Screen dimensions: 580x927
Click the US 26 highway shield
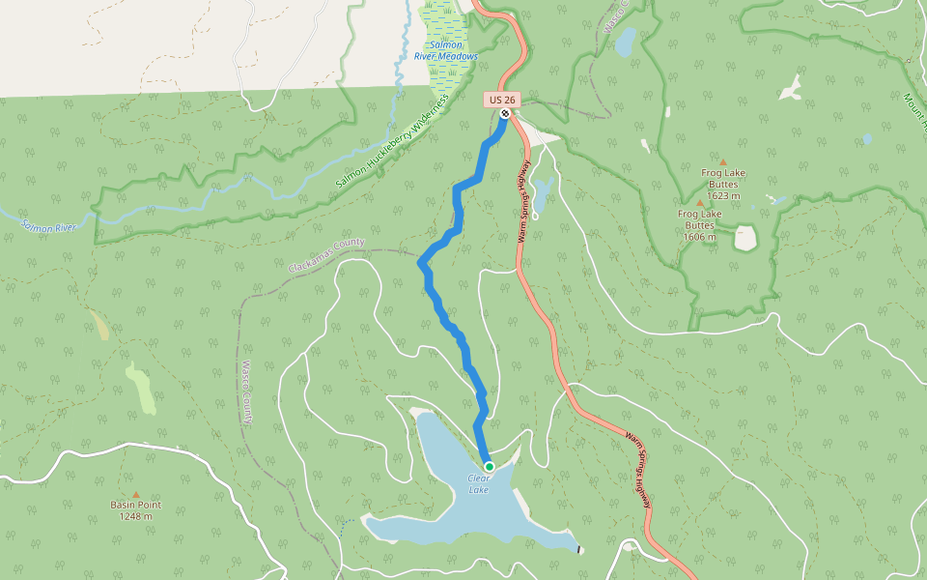coord(502,99)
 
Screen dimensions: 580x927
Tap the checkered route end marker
coord(505,115)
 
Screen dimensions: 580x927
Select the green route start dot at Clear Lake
coord(489,467)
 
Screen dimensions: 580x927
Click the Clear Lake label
coord(479,484)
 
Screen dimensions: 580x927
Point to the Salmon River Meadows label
coord(446,51)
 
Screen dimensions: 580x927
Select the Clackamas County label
coord(327,254)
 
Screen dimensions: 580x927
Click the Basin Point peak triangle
coord(135,494)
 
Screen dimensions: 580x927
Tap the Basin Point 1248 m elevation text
coord(135,516)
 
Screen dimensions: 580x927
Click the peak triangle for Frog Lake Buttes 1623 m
coord(722,161)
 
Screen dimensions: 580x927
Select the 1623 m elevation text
coord(722,195)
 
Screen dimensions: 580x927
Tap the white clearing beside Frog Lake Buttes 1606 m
coord(744,238)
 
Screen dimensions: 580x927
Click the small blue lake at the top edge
coord(626,42)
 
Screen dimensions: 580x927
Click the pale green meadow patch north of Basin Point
coord(140,387)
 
